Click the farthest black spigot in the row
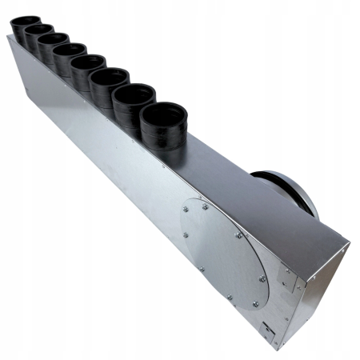pos(25,28)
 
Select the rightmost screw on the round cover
pos(262,279)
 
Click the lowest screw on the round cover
pos(255,304)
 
